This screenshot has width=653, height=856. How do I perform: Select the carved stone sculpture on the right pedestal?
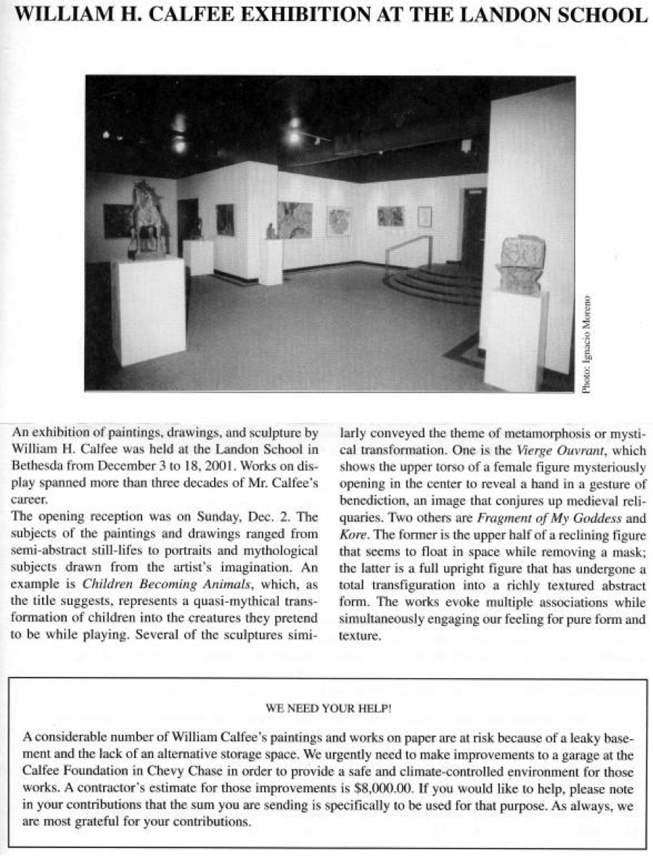[x=521, y=265]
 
